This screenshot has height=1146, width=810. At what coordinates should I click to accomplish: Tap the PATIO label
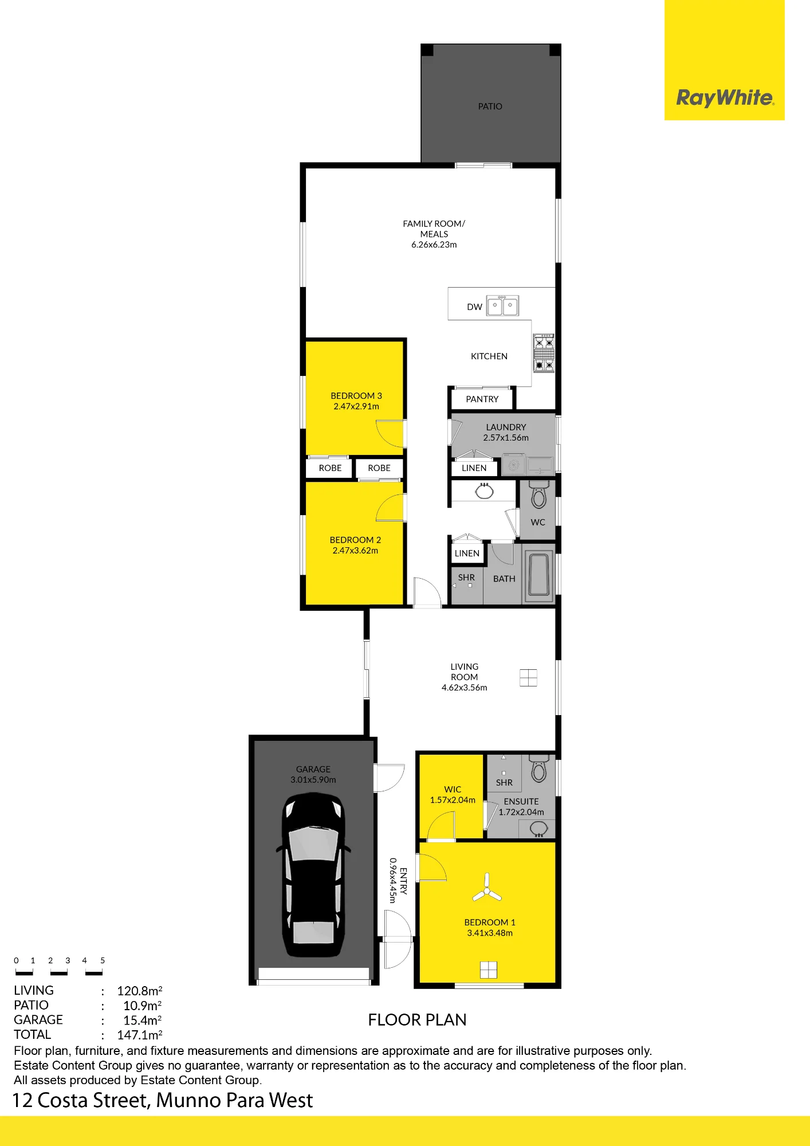[x=490, y=107]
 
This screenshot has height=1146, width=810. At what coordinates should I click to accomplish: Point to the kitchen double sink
[x=502, y=305]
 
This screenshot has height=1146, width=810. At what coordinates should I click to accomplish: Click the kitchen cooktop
[x=544, y=353]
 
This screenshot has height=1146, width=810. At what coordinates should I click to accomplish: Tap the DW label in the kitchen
[x=474, y=307]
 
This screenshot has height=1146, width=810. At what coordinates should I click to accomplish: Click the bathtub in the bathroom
[x=539, y=574]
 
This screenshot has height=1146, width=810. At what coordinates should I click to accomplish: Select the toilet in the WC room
[x=538, y=494]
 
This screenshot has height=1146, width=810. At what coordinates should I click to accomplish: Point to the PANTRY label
[x=482, y=399]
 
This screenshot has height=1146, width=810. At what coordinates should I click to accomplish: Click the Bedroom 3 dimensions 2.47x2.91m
[x=356, y=407]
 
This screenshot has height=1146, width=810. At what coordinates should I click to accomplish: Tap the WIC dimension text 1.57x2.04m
[x=453, y=800]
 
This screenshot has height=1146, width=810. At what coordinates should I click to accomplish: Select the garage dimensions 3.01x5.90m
[x=313, y=780]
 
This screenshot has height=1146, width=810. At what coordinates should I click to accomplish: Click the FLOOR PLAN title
[x=417, y=1021]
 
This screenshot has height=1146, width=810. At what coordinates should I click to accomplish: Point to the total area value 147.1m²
[x=140, y=1035]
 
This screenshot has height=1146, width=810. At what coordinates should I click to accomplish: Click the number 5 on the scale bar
[x=103, y=960]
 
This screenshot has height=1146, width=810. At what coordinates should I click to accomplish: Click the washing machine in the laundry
[x=513, y=465]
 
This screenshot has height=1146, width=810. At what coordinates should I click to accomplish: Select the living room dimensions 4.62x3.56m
[x=465, y=688]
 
